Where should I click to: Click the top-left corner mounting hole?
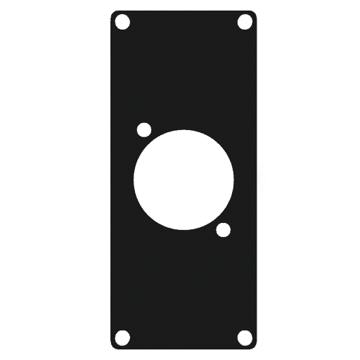124,22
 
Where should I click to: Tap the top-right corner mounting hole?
245,22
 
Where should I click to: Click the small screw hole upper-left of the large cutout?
144,130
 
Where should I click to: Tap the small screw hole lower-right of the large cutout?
224,229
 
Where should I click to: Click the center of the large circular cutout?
184,180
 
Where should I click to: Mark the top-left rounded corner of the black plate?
113,13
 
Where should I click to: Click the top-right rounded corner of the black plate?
256,13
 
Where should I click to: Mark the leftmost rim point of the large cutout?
134,180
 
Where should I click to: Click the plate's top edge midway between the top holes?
184,11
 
